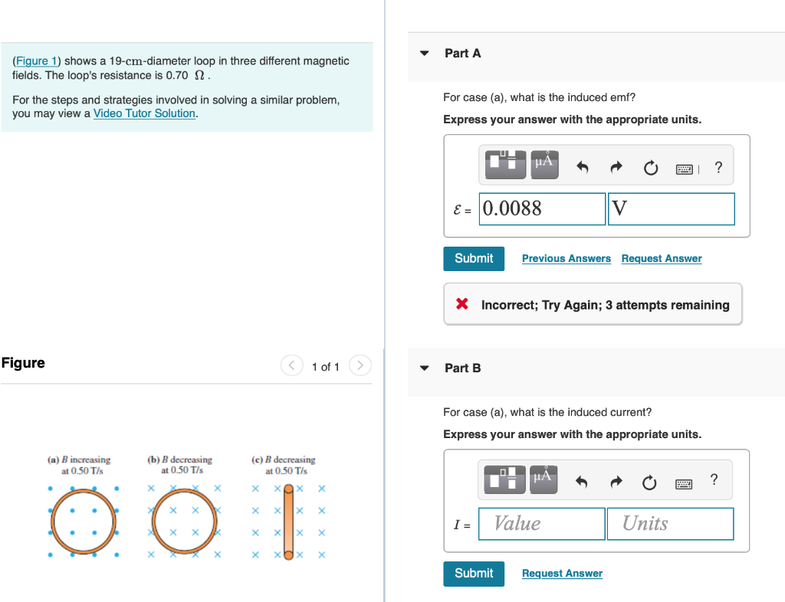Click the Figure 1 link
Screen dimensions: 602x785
pos(35,61)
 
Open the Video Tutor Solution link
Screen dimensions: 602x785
pos(144,113)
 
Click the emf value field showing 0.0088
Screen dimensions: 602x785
pos(542,208)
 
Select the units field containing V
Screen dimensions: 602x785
pos(671,208)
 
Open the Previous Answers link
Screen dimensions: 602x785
pos(566,259)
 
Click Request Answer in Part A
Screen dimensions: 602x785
pos(661,259)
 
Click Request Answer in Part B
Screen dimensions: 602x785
pos(561,574)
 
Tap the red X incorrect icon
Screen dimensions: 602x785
pos(461,304)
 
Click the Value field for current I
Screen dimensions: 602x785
pos(541,523)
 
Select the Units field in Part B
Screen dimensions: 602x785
pos(669,523)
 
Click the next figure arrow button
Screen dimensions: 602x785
pos(360,366)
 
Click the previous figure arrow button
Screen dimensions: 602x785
pos(292,366)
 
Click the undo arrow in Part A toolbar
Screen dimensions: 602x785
pos(583,168)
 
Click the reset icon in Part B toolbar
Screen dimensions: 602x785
pos(649,482)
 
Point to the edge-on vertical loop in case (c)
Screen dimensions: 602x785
pos(289,521)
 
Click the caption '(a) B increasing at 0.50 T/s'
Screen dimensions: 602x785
pos(79,465)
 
